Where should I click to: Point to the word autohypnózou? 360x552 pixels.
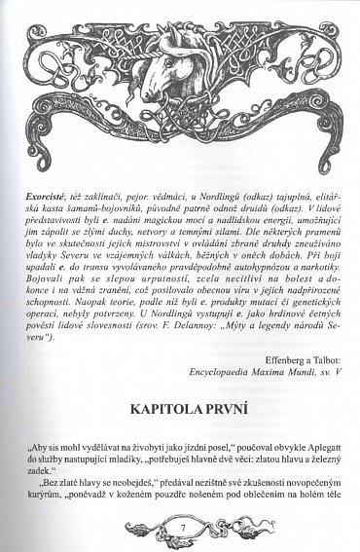click(x=255, y=294)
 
